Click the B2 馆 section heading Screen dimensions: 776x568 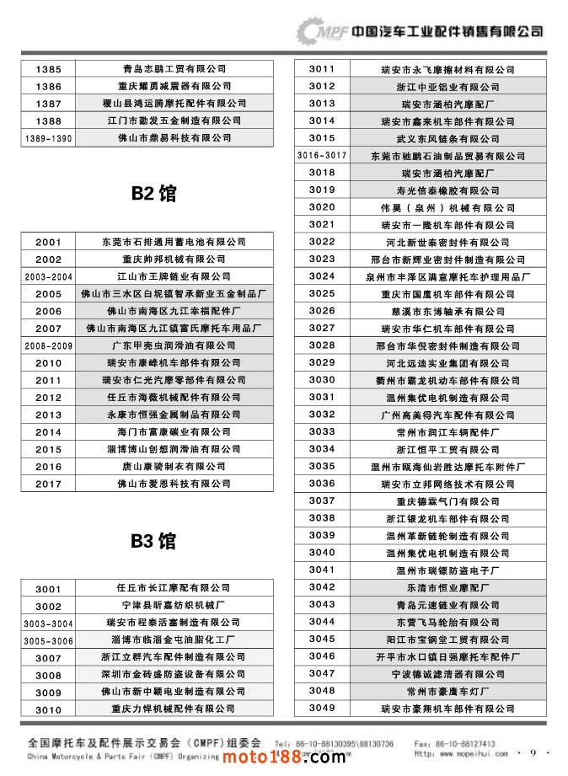click(153, 194)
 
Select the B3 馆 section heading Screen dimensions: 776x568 click(153, 540)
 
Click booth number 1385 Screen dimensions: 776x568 click(49, 69)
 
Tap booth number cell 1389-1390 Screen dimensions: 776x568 click(49, 138)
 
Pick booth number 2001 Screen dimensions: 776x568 click(49, 242)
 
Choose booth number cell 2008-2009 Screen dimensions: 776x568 click(49, 345)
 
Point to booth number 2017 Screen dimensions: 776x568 click(49, 484)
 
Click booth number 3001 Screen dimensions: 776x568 click(49, 588)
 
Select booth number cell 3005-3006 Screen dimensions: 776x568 click(49, 640)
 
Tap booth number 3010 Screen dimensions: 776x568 click(49, 710)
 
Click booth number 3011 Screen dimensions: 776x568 click(322, 69)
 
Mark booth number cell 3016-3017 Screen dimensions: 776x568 click(322, 155)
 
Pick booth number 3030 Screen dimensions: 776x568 click(322, 379)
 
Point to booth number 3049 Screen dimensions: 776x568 click(322, 708)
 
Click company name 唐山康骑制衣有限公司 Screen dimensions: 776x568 click(174, 466)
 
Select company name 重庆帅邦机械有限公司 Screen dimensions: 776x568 click(174, 259)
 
